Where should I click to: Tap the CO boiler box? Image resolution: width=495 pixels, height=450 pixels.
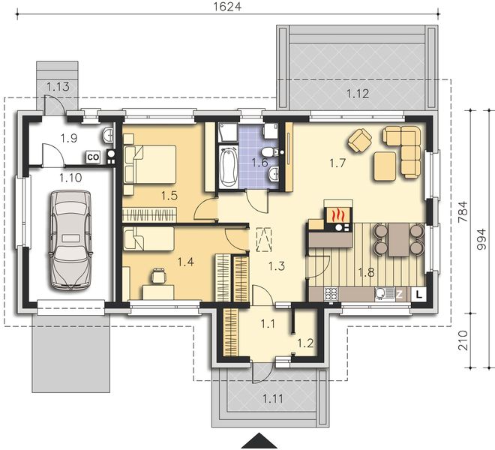click(93, 157)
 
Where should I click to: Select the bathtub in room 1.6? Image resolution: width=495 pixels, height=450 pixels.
click(227, 167)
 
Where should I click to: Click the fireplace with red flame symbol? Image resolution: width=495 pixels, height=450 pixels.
click(338, 214)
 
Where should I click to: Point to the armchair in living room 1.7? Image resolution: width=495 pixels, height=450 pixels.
click(360, 140)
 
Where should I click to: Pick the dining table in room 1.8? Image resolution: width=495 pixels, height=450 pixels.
click(399, 240)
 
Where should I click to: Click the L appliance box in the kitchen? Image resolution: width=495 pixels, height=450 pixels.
click(418, 295)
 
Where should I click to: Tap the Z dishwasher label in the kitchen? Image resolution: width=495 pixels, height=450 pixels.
click(399, 295)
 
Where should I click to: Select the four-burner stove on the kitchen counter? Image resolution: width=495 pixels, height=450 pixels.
click(331, 294)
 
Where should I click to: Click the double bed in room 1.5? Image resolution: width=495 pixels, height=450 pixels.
click(150, 164)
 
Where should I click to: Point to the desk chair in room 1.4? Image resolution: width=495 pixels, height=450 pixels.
click(158, 275)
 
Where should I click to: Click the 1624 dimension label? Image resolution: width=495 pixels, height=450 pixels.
click(227, 7)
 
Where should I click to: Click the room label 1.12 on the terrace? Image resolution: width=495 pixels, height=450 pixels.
click(358, 94)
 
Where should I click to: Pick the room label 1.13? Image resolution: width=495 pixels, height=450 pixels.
click(58, 86)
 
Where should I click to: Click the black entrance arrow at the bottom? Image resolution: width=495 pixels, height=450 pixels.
click(259, 442)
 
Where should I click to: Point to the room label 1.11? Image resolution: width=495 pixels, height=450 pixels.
click(273, 399)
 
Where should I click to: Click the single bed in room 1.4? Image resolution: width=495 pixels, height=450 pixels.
click(148, 238)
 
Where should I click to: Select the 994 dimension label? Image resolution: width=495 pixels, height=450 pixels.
click(482, 239)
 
